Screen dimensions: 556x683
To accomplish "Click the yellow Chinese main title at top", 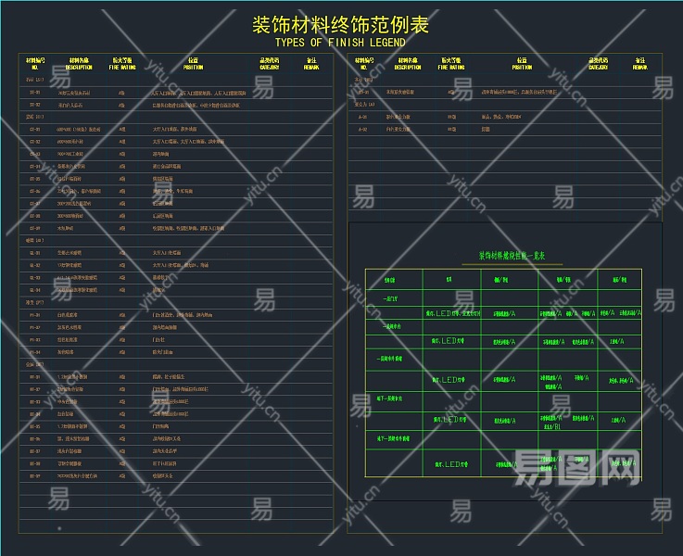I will [x=340, y=24].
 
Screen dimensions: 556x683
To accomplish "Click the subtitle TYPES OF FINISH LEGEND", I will [x=340, y=43].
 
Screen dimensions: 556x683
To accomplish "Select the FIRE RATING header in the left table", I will [x=121, y=63].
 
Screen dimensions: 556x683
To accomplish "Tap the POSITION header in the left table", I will [x=193, y=63].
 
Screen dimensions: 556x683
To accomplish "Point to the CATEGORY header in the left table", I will [x=269, y=63].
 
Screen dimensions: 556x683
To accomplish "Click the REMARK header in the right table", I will [x=639, y=63].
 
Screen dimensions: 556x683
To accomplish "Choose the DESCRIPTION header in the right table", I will [x=407, y=63].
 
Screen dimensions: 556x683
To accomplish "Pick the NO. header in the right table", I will [x=364, y=63].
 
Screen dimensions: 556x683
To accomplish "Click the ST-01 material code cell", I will [x=35, y=93].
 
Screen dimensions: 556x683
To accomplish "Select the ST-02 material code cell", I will [x=35, y=105].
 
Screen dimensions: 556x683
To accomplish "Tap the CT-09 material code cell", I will [x=35, y=227].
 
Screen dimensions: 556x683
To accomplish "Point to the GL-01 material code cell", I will [x=35, y=252].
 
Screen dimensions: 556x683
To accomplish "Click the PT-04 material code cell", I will [x=35, y=352].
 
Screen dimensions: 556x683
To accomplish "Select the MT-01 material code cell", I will [x=35, y=377].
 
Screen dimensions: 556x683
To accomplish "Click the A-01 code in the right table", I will [x=363, y=117].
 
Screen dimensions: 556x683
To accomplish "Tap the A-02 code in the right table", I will [x=363, y=129].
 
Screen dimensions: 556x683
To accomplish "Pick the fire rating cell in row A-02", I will [x=451, y=129].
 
